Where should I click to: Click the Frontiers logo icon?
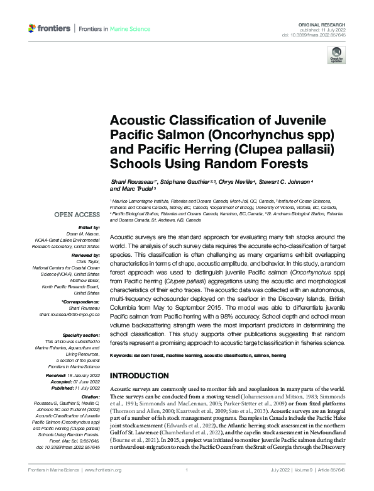click(33, 29)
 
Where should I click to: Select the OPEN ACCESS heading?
click(77, 215)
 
